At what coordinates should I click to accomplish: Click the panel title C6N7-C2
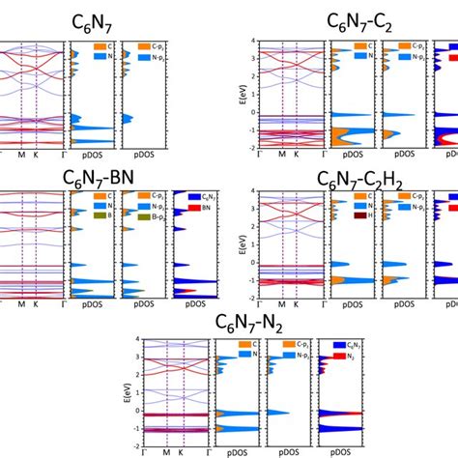[x=365, y=23]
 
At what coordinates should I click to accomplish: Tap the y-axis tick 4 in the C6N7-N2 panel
[x=139, y=339]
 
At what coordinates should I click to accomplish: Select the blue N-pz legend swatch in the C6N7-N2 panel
[x=276, y=357]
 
